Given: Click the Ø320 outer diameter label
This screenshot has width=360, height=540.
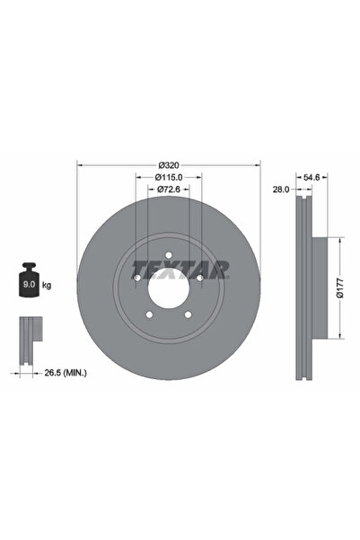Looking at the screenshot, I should pos(168,164).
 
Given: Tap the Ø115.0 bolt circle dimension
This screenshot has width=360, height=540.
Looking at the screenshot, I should pos(168,177).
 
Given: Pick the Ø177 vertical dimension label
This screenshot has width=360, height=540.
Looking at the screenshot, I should pos(339,288).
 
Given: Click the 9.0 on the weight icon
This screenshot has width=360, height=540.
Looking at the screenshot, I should pos(27,285).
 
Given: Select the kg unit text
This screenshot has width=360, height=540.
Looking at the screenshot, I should pos(47,285).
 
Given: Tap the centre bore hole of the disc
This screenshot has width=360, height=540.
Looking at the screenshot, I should pos(168,288).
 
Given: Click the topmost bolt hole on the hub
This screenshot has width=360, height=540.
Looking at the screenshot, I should pos(168,256).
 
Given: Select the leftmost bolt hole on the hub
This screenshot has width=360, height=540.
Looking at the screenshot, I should pos(136,279).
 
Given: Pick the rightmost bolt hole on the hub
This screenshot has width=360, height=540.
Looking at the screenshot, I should pos(199,279).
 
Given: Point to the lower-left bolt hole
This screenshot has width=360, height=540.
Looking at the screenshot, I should pos(148,314).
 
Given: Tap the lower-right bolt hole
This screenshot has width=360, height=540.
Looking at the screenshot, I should pos(188,314).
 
